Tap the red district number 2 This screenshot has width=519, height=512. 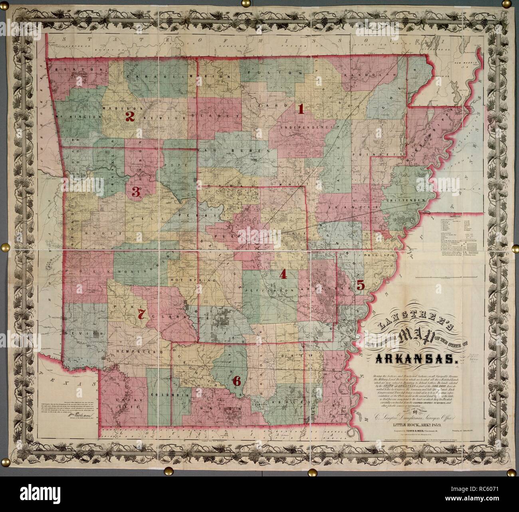pos(130,117)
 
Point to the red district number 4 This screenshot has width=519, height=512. pos(283,274)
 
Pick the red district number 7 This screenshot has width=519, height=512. pos(141,314)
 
